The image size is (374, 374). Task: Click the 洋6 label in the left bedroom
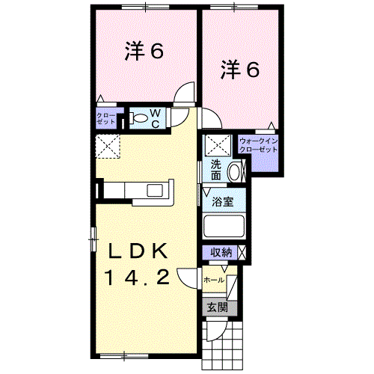(x=144, y=52)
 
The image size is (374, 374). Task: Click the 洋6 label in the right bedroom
(x=239, y=70)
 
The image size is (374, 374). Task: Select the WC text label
(x=156, y=118)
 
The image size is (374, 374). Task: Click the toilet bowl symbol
(x=139, y=117)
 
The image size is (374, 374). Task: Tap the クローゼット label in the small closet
(x=105, y=118)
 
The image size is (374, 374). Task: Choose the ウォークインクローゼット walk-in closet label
(x=258, y=144)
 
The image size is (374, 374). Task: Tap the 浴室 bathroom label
(x=222, y=201)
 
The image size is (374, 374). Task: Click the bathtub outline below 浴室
(x=224, y=227)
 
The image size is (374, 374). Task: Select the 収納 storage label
(x=220, y=253)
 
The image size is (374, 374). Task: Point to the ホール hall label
(x=213, y=280)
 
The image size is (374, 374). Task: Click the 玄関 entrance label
(x=217, y=307)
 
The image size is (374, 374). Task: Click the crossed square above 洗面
(x=216, y=145)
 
